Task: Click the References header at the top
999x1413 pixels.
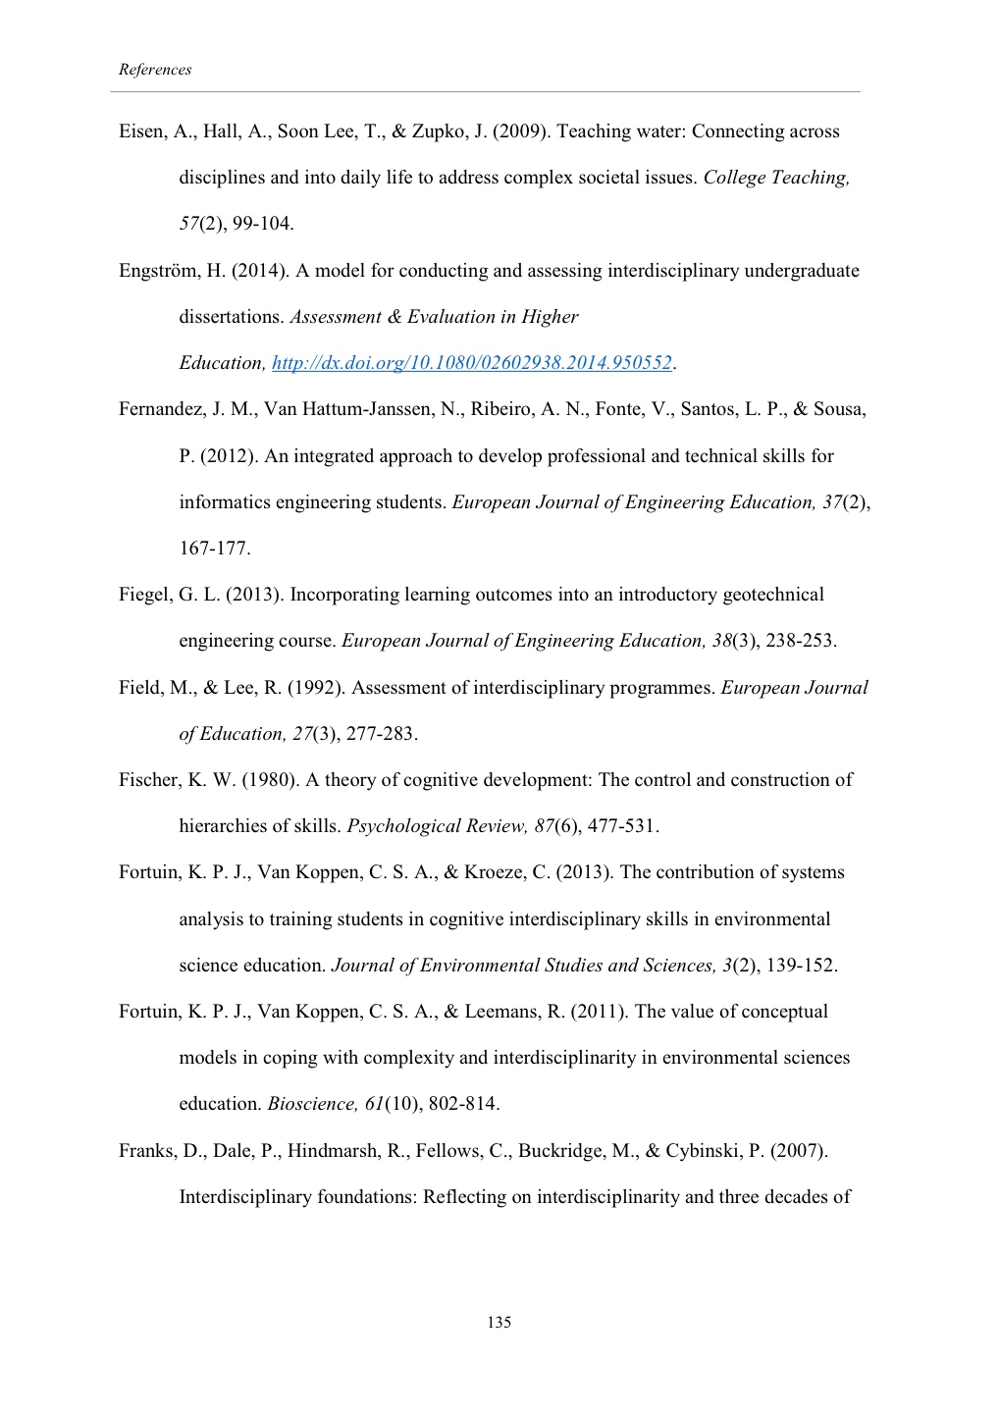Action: tap(155, 70)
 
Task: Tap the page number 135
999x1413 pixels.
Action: tap(499, 1323)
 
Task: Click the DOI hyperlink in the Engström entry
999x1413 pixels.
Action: tap(471, 363)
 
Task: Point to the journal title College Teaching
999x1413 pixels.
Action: tap(775, 178)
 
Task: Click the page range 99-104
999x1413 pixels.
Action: tap(263, 224)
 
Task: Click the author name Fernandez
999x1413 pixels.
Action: tap(161, 409)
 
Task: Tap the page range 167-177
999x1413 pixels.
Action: tap(214, 549)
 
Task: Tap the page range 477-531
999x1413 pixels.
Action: tap(622, 826)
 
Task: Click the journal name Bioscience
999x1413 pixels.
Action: tap(313, 1104)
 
